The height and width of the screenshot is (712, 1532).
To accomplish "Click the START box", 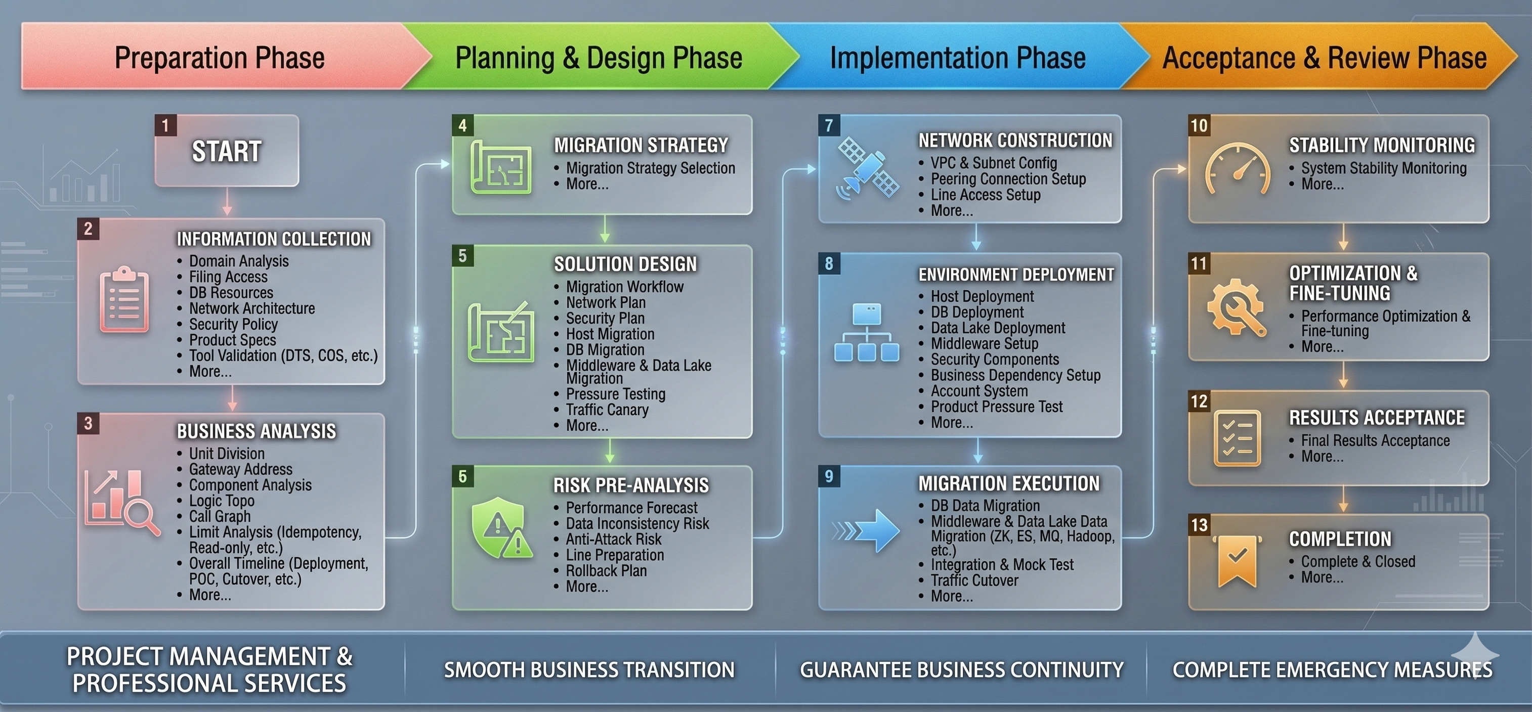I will click(227, 151).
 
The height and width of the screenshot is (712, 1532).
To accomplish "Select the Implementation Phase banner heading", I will click(957, 58).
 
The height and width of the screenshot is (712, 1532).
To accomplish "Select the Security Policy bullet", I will click(233, 325).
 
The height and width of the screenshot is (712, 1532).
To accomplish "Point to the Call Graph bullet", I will click(220, 516).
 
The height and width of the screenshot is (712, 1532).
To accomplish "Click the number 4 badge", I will click(463, 125).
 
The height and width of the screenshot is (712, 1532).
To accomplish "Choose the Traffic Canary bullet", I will click(607, 410).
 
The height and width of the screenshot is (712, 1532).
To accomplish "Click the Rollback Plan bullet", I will click(606, 571).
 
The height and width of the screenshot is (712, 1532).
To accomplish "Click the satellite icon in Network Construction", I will click(868, 168).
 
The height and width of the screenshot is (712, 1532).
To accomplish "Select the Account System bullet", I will click(979, 391).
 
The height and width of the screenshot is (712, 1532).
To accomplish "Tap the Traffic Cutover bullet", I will click(974, 581).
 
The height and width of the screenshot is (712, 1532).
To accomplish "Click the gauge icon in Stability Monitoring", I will click(1237, 169).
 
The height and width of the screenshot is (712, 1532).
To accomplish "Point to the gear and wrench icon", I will click(1237, 308).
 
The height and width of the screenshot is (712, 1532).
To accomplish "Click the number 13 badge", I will click(1199, 525).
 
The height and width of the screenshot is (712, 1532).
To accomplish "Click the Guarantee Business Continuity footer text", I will click(961, 671).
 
